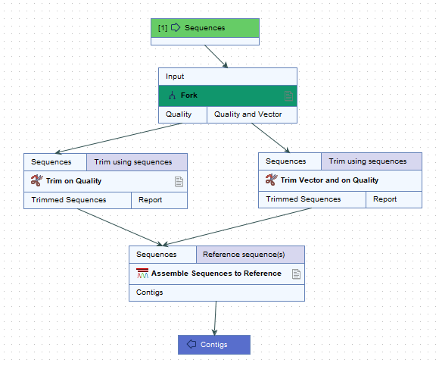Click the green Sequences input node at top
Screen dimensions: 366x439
(x=204, y=28)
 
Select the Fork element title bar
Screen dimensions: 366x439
(x=227, y=95)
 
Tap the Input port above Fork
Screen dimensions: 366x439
(x=227, y=77)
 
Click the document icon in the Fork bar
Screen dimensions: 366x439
(x=288, y=95)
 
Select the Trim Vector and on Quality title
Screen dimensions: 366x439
(x=329, y=180)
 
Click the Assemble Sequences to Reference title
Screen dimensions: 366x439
(x=216, y=274)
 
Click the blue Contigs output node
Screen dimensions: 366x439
(x=213, y=345)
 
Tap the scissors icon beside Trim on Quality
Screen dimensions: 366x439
(x=36, y=181)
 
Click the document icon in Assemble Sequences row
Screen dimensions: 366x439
(x=296, y=274)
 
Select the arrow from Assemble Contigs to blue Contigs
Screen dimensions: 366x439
(x=216, y=317)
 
